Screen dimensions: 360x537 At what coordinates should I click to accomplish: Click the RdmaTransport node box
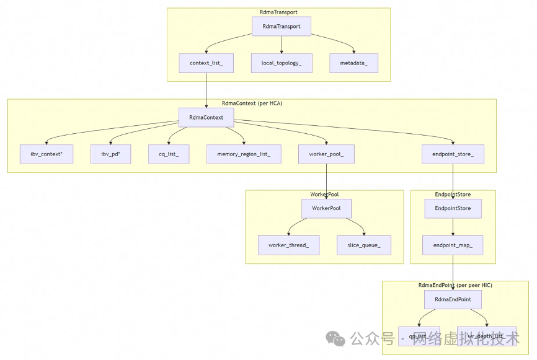tap(281, 26)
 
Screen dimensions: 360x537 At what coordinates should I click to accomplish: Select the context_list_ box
tap(206, 63)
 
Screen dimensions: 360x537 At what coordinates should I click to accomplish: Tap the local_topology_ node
tap(281, 63)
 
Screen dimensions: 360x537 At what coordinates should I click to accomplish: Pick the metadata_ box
tap(353, 63)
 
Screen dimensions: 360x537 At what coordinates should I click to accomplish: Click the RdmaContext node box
tap(206, 117)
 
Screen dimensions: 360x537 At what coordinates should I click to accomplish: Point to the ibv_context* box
tap(46, 154)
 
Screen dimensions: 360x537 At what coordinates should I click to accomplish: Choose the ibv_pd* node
tap(110, 154)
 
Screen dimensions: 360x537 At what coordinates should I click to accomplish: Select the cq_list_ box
tap(169, 154)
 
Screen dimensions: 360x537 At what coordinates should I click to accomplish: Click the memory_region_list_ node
tap(244, 154)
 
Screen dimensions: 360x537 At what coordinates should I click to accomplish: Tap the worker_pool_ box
tap(326, 154)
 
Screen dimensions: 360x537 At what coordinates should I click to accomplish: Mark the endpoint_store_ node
tap(453, 154)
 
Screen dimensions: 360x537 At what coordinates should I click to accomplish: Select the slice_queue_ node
tap(364, 245)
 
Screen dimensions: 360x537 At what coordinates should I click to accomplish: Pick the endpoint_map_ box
tap(453, 245)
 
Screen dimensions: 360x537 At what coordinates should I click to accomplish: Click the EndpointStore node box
tap(453, 208)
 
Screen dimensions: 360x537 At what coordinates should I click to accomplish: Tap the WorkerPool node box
tap(326, 208)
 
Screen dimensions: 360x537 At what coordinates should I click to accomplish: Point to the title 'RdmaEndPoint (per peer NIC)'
tap(455, 285)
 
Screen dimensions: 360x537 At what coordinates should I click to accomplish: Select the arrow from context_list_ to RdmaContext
tap(206, 90)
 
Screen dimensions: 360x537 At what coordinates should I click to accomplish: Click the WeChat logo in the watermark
tap(337, 339)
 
